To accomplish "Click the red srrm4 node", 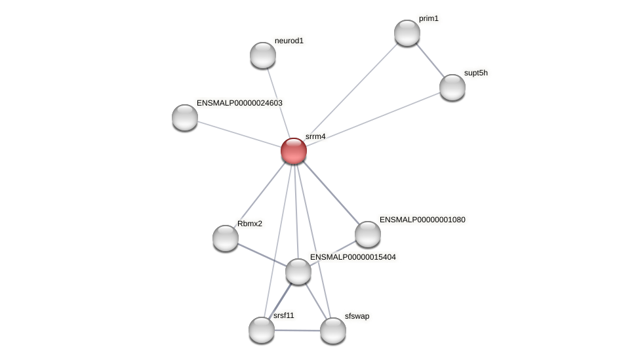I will click(294, 151).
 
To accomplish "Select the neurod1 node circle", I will click(263, 55).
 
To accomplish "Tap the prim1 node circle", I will click(407, 33).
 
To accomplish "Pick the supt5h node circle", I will click(452, 87).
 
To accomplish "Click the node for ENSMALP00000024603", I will click(185, 117).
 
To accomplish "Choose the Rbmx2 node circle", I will click(226, 238).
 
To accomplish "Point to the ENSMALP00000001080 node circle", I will click(368, 234).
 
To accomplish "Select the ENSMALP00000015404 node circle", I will click(298, 271).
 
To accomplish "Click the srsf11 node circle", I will click(262, 330).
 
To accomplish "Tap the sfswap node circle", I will click(333, 330).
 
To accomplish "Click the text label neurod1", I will click(289, 41).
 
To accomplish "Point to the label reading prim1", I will click(428, 18).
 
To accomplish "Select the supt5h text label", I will click(475, 73).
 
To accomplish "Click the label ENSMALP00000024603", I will click(239, 103).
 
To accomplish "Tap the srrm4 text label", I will click(315, 136).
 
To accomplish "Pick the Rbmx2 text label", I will click(249, 224).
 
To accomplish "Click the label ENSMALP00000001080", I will click(422, 220).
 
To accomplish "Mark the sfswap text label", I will click(357, 316).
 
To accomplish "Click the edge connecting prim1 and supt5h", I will click(430, 60).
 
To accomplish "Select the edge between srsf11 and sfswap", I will click(297, 330).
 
